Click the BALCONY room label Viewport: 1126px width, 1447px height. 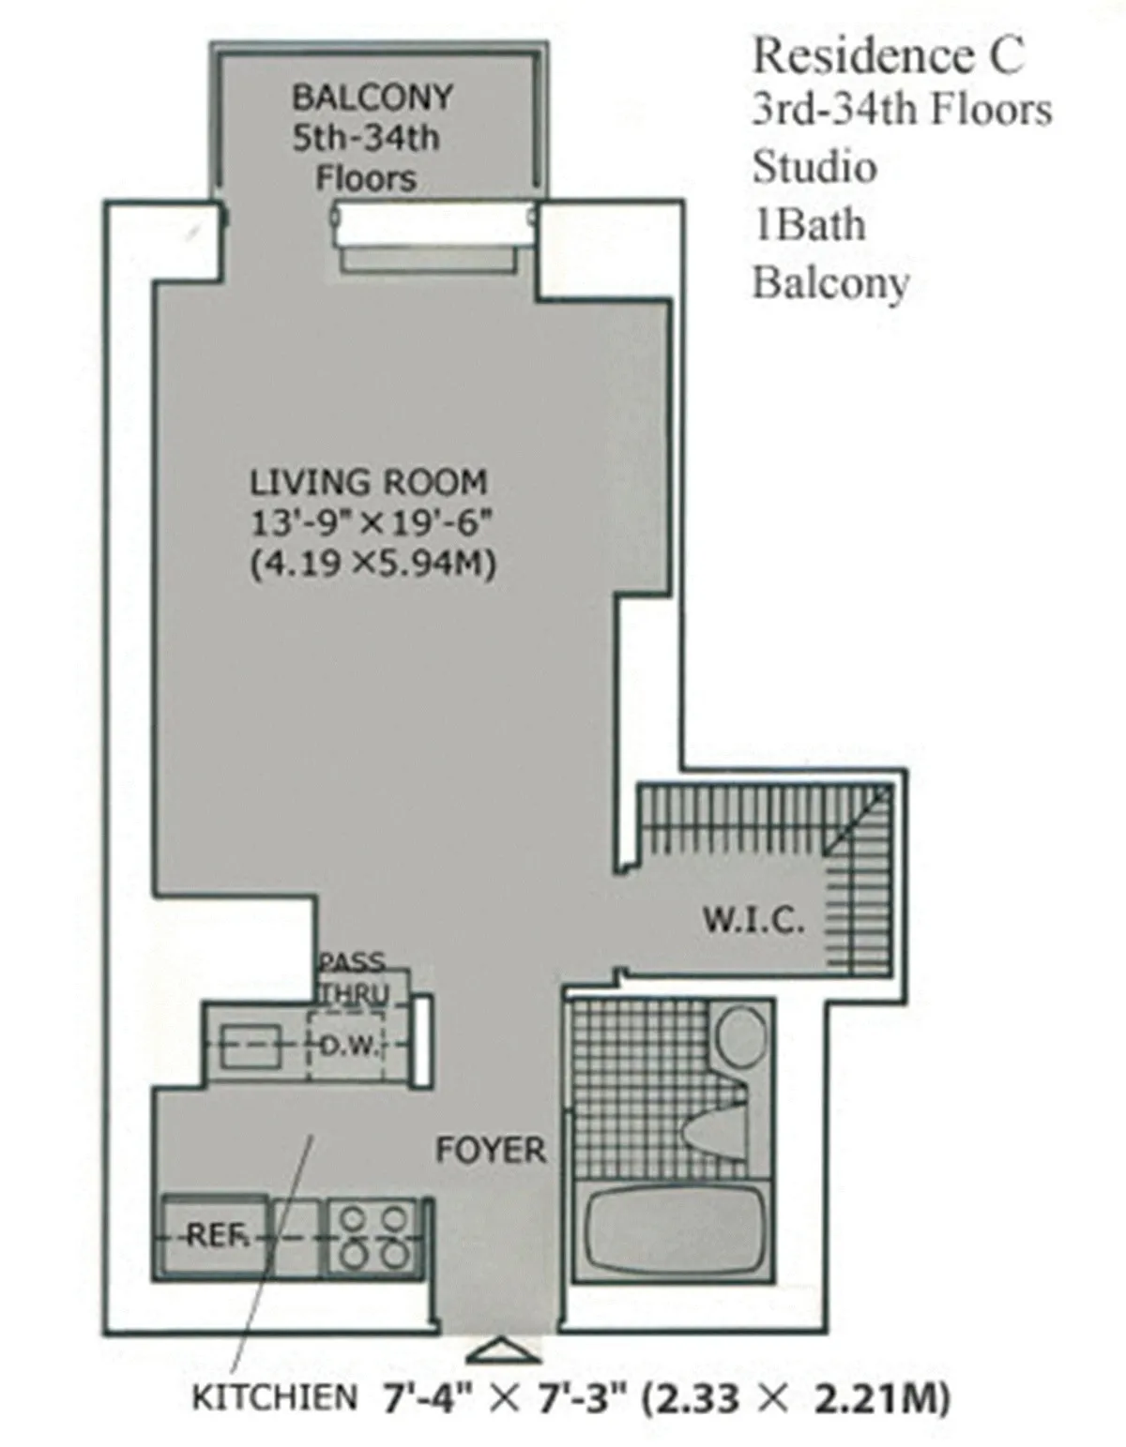[373, 98]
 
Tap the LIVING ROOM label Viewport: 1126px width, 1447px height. [368, 482]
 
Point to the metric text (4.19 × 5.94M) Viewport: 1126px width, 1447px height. [373, 565]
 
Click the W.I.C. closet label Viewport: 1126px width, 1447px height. [753, 920]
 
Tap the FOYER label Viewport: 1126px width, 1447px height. [490, 1150]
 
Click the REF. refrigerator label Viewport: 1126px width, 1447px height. [215, 1236]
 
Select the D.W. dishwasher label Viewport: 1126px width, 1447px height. [348, 1046]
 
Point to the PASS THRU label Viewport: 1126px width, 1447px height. [352, 978]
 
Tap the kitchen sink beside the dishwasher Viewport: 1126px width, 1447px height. [251, 1046]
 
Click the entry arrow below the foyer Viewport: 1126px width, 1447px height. [504, 1351]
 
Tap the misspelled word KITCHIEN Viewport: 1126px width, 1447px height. [274, 1398]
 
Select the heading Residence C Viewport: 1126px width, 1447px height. [887, 55]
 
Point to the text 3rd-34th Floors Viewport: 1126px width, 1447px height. [901, 110]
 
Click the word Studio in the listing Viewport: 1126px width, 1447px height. [814, 167]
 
